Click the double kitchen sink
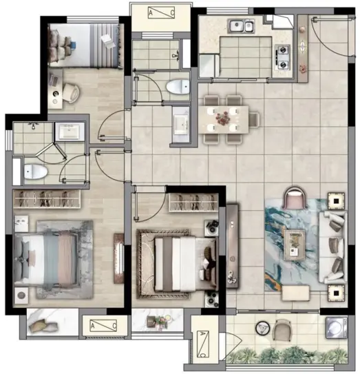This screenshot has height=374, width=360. click(x=242, y=25)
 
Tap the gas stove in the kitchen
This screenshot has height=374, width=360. click(x=283, y=57)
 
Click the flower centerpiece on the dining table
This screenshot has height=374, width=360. click(x=222, y=118)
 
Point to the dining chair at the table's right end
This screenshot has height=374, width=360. click(x=254, y=119)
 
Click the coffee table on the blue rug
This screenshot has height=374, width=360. click(x=294, y=245)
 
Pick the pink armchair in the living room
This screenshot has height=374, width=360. click(x=295, y=197)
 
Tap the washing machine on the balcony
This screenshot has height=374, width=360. click(x=336, y=327)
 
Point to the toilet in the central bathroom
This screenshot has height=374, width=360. click(x=178, y=87)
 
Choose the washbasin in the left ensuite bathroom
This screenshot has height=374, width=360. click(x=70, y=131)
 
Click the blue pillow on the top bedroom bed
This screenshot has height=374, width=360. click(x=73, y=44)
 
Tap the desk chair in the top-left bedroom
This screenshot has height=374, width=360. click(x=71, y=93)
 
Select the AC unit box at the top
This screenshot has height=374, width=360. click(x=161, y=12)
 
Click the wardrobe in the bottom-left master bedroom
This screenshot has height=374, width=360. click(x=47, y=199)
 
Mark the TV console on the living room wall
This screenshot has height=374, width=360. click(x=232, y=246)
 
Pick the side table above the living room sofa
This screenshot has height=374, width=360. click(x=336, y=201)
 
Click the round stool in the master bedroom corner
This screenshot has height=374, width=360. click(x=21, y=295)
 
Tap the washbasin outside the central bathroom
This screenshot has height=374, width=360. click(x=181, y=124)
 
